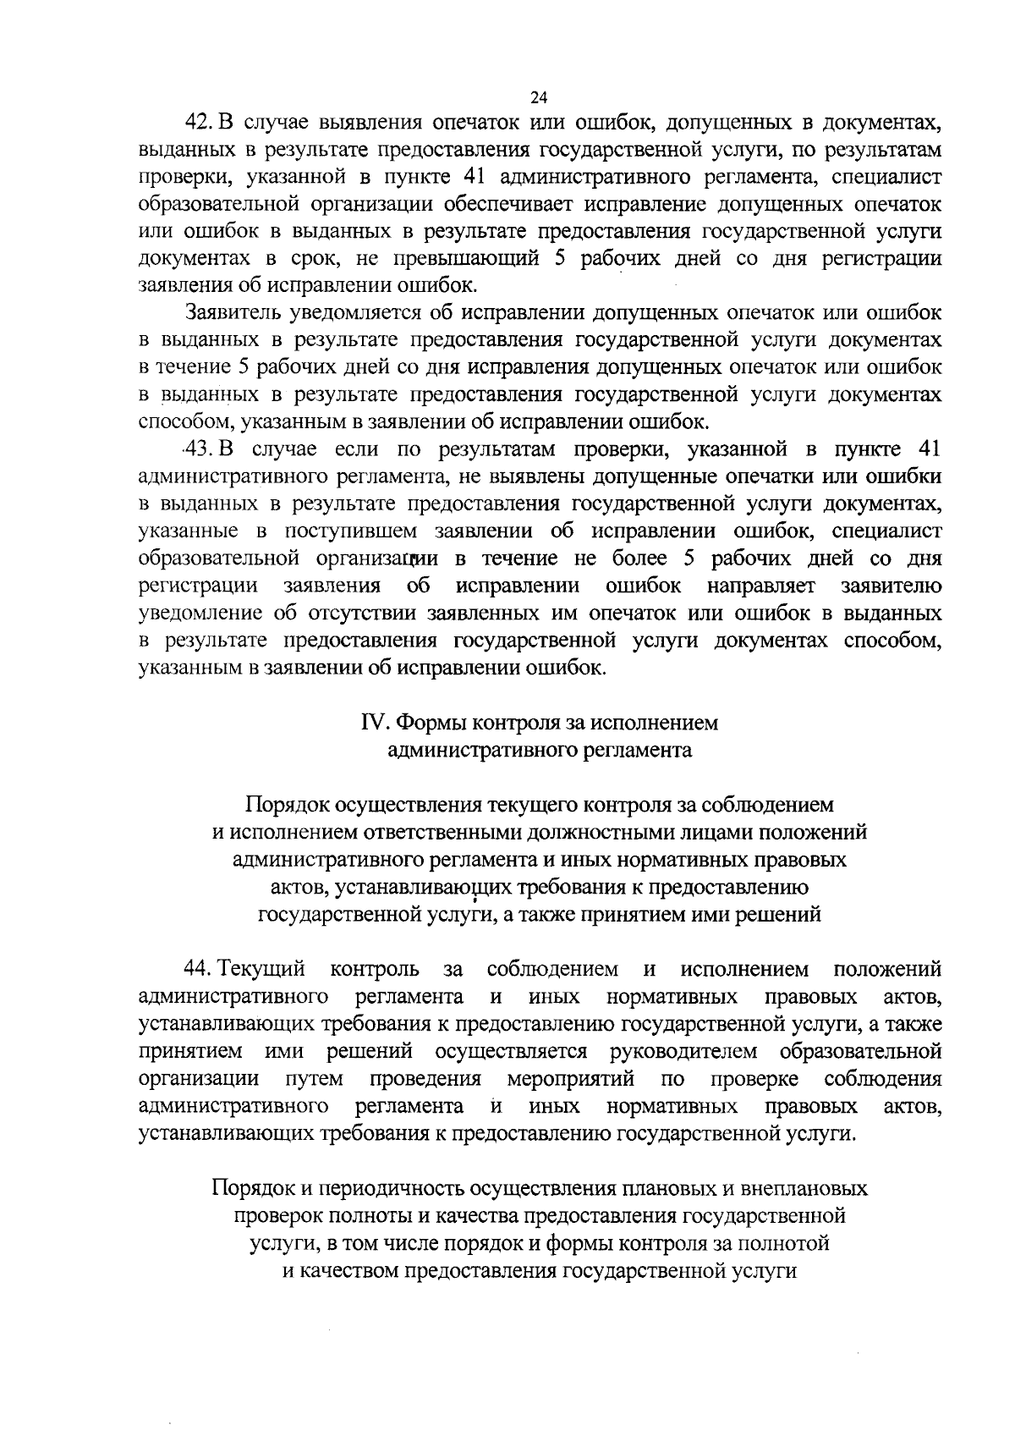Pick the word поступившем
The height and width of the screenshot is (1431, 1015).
point(350,531)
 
